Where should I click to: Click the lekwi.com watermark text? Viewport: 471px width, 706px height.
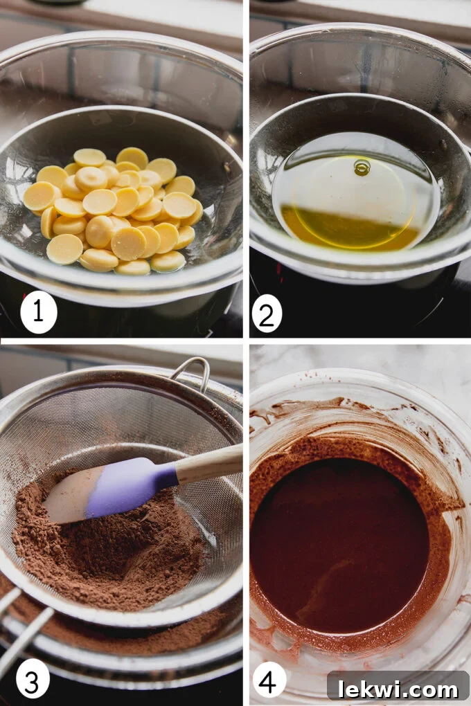[398, 688]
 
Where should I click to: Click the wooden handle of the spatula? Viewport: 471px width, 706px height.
[208, 463]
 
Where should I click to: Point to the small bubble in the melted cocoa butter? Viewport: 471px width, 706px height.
[362, 167]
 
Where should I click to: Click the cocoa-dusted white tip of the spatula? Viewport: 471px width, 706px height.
[66, 502]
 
